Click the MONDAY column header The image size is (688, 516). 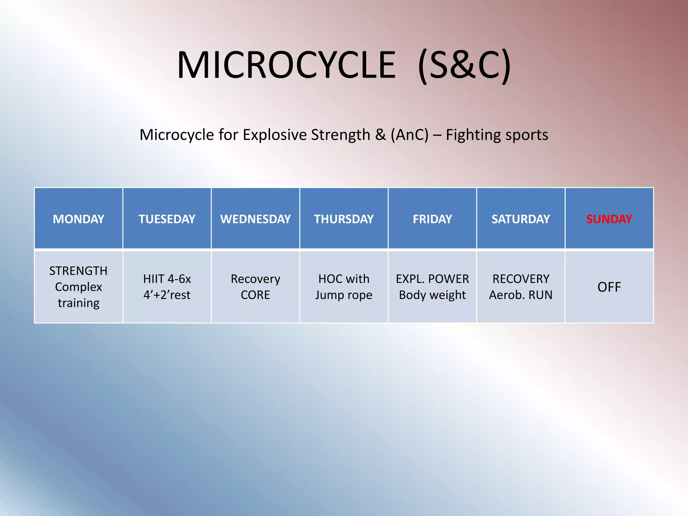(x=78, y=219)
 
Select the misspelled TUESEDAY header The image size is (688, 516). (x=167, y=219)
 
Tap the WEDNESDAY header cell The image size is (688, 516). (x=255, y=219)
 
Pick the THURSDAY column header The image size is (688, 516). (x=344, y=219)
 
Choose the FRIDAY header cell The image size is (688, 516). (x=432, y=219)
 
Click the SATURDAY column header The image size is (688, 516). (x=521, y=219)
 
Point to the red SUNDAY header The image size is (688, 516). (x=609, y=219)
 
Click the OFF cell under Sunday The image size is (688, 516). (x=609, y=287)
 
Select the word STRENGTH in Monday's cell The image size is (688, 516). (x=78, y=271)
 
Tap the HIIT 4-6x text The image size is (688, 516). (x=167, y=279)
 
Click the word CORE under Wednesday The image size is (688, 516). (x=255, y=295)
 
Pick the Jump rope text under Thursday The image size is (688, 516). (x=344, y=295)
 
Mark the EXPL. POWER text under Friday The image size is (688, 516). (x=432, y=279)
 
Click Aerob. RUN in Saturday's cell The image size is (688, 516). (x=521, y=295)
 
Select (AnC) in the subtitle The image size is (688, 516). (x=410, y=135)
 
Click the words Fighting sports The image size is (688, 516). (x=497, y=135)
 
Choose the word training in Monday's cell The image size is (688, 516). (x=78, y=303)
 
